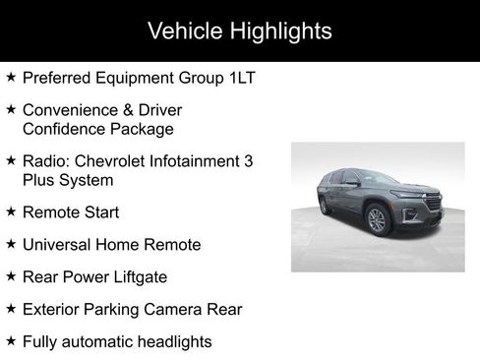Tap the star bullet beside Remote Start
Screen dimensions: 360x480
(11, 210)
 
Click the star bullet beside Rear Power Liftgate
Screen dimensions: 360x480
(11, 276)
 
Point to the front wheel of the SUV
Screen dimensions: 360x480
(378, 219)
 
